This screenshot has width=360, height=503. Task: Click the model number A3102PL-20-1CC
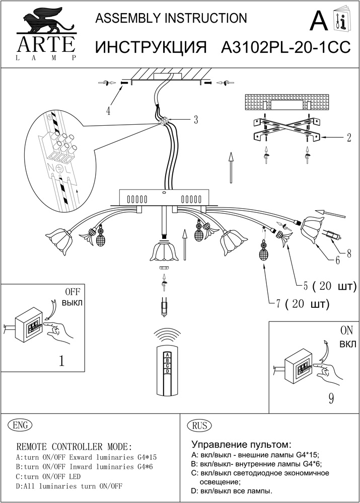click(x=285, y=47)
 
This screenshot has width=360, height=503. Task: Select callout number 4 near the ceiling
click(x=109, y=111)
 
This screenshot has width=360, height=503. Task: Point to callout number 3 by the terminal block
click(x=195, y=120)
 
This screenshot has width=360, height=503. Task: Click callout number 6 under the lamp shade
click(x=337, y=261)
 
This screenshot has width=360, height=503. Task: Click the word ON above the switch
click(x=346, y=331)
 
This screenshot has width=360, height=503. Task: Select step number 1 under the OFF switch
click(x=61, y=361)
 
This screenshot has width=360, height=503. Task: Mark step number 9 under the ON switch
click(x=331, y=398)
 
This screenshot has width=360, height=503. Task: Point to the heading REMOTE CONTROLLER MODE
click(x=75, y=447)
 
